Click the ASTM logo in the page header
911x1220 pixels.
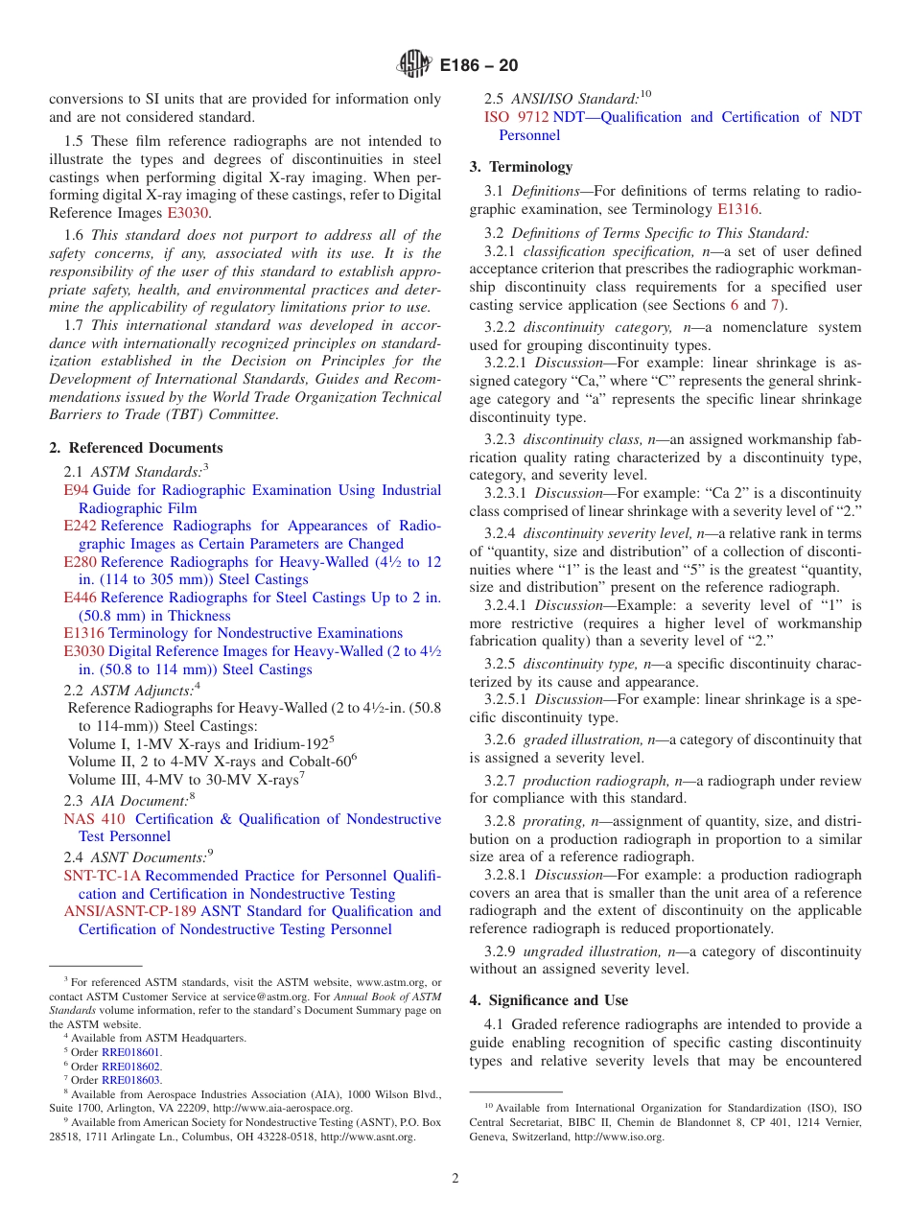(414, 65)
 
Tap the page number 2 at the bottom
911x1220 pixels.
(455, 1178)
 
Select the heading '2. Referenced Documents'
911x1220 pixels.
(136, 448)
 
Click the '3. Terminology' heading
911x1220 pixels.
(521, 166)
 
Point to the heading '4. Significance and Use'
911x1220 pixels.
(549, 1000)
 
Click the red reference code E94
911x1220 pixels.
(76, 490)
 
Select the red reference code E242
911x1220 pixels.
(80, 526)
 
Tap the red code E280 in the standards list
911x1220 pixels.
(80, 562)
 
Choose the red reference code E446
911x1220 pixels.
(80, 598)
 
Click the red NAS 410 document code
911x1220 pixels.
(94, 819)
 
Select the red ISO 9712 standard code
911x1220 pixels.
(516, 117)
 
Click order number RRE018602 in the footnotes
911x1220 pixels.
(131, 1066)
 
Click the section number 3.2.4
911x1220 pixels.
(500, 533)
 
